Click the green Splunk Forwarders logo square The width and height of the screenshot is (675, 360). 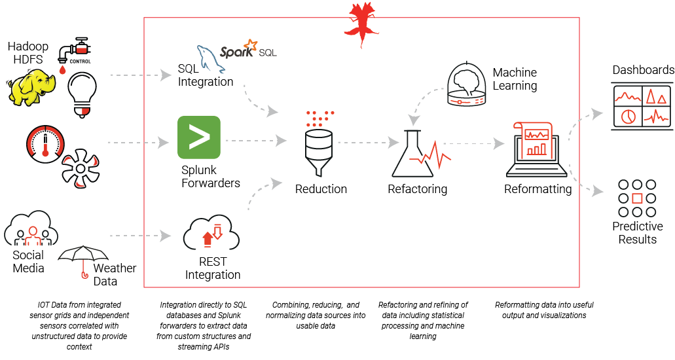(x=199, y=137)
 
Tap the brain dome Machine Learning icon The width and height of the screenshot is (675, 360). (x=468, y=85)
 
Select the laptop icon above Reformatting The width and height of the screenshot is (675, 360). (x=536, y=149)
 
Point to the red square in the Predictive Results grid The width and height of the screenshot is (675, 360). (x=638, y=198)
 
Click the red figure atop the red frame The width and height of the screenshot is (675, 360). (x=362, y=16)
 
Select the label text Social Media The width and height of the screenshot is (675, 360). (x=28, y=261)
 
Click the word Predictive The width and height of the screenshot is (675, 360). (x=637, y=226)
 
